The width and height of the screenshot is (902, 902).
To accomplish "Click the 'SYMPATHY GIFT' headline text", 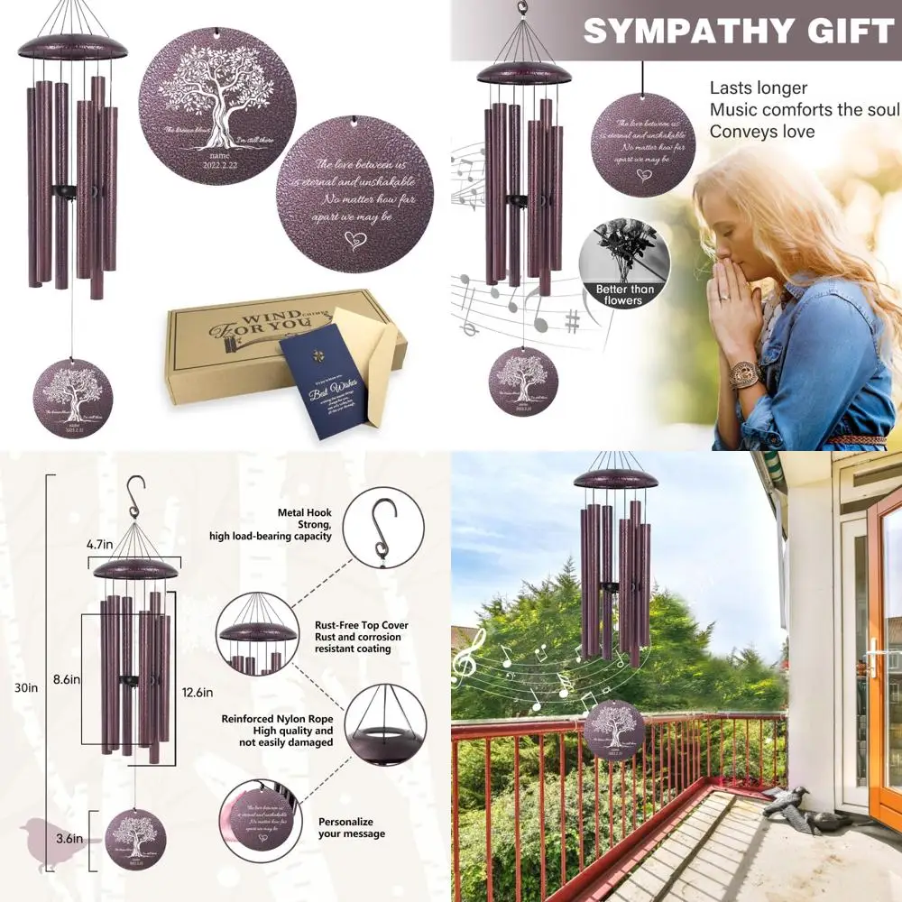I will pyautogui.click(x=738, y=32).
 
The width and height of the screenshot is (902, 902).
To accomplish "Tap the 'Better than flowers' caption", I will pyautogui.click(x=624, y=295).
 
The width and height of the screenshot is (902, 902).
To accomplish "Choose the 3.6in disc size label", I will pyautogui.click(x=70, y=839).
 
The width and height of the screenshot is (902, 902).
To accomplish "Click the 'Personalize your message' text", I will pyautogui.click(x=351, y=828).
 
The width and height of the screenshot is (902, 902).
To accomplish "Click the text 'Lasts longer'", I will pyautogui.click(x=758, y=88).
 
